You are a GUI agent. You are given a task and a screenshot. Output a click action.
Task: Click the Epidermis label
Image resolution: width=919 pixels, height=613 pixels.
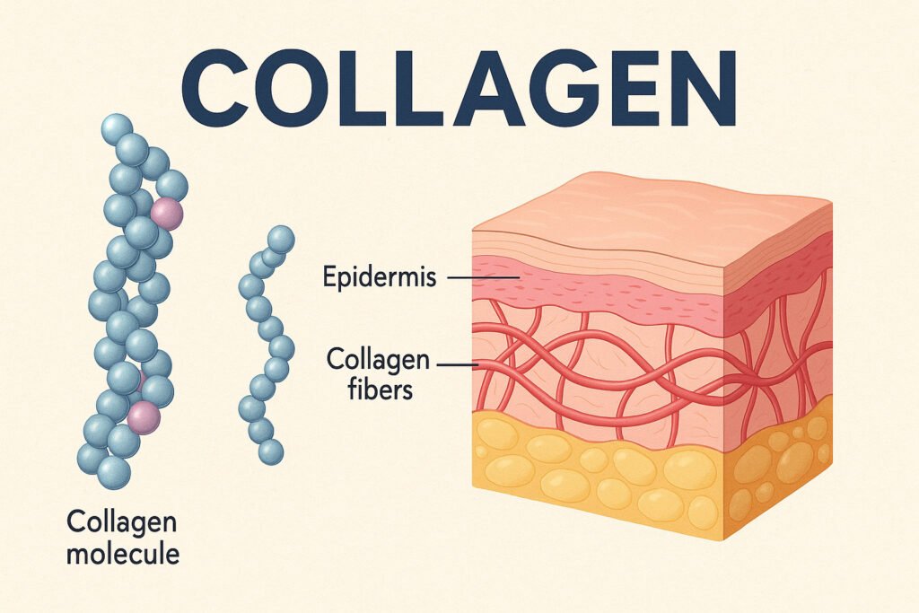tap(380, 276)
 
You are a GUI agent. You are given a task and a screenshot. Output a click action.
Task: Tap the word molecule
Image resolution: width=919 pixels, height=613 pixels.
tap(123, 553)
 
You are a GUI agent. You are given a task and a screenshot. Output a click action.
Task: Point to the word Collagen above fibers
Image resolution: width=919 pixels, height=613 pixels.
tap(378, 360)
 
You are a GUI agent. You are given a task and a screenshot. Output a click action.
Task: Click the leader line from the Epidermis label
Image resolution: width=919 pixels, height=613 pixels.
tap(484, 276)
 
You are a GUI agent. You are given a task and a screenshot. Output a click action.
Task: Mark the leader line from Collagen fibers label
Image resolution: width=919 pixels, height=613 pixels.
tap(457, 365)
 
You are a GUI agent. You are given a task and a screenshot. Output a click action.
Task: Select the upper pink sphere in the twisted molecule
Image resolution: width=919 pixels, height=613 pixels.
tap(167, 214)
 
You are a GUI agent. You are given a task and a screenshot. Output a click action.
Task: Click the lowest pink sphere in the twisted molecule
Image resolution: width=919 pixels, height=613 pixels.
tap(144, 417)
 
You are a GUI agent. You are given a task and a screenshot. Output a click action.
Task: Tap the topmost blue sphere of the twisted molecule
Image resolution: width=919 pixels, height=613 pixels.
tap(118, 129)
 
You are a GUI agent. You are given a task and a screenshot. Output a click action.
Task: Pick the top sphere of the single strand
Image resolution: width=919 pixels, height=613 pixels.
tap(281, 239)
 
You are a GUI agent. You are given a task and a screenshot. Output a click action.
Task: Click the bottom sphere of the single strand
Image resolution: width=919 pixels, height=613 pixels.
tap(270, 451)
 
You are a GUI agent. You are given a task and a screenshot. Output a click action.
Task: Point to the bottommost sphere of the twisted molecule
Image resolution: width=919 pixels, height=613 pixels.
tap(114, 472)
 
